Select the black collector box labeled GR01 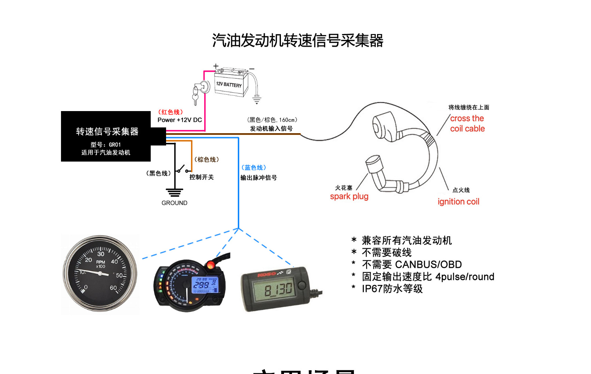pyautogui.click(x=106, y=137)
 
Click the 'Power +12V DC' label pyautogui.click(x=180, y=120)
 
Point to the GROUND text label pyautogui.click(x=174, y=203)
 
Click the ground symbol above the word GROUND pyautogui.click(x=174, y=193)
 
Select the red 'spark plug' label pyautogui.click(x=349, y=196)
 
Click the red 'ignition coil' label pyautogui.click(x=458, y=202)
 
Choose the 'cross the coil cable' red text pyautogui.click(x=467, y=123)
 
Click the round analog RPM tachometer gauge pyautogui.click(x=100, y=274)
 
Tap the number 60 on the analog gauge pyautogui.click(x=113, y=288)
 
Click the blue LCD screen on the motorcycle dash pyautogui.click(x=205, y=285)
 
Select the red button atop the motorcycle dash pyautogui.click(x=211, y=265)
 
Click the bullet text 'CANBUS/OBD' pyautogui.click(x=428, y=265)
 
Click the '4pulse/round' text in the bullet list pyautogui.click(x=465, y=277)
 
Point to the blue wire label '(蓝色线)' pyautogui.click(x=254, y=168)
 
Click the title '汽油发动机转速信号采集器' pyautogui.click(x=298, y=40)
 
